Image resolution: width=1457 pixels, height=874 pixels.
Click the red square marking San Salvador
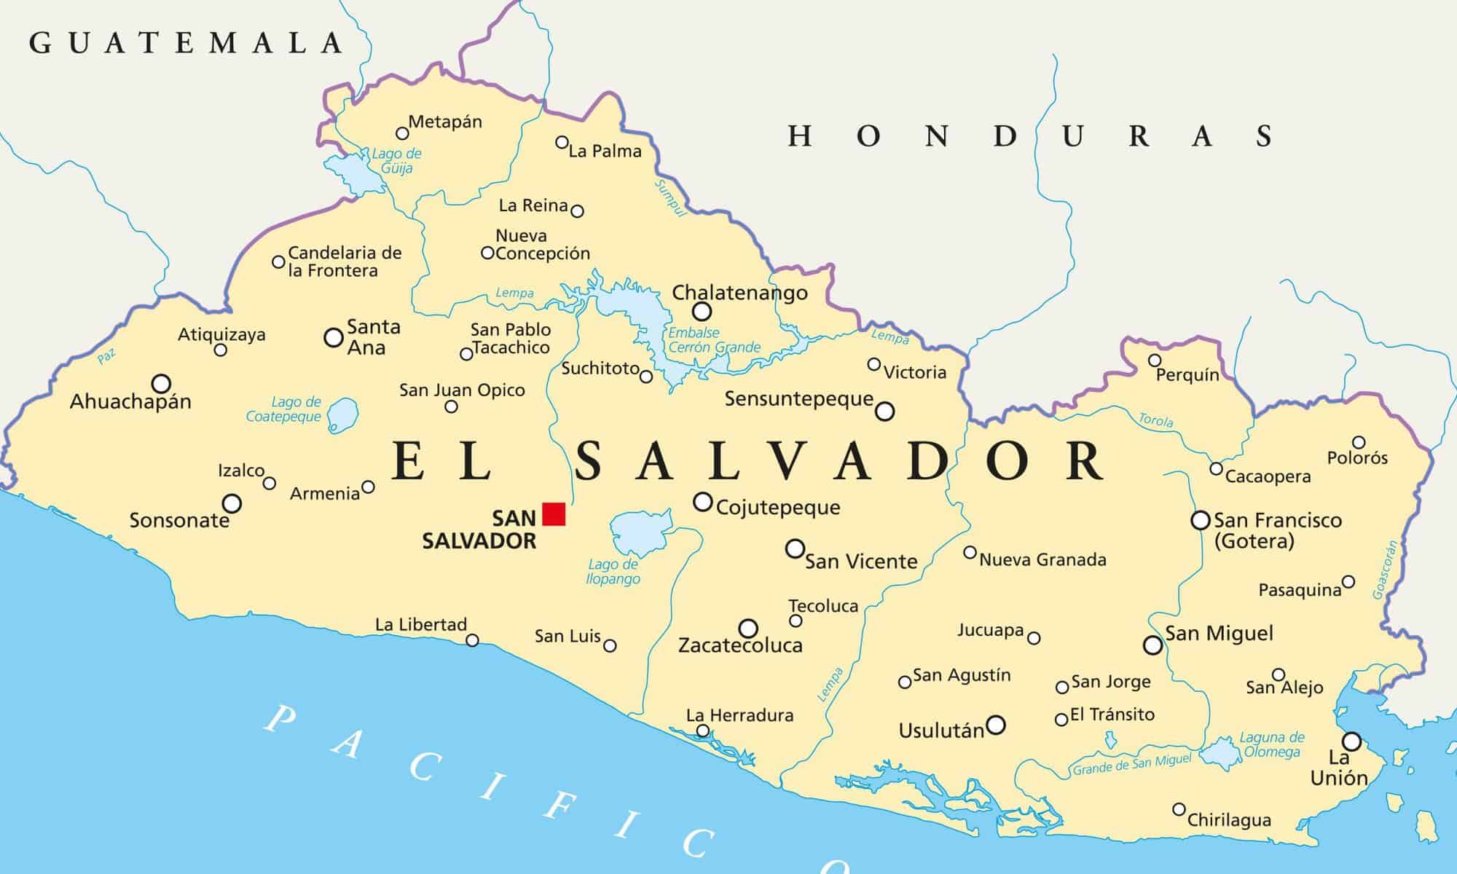pos(554,514)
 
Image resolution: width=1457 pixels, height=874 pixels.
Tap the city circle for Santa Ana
pos(333,338)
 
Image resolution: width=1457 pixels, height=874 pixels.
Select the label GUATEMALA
pos(186,44)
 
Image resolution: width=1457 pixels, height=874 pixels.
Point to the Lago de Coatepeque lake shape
pos(342,415)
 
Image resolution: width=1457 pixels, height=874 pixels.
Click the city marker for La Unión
pos(1351,741)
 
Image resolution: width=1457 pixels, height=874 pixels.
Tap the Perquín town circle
pos(1154,361)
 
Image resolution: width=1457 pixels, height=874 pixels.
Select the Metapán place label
pos(445,122)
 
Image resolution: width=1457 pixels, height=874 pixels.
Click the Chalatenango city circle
pos(702,312)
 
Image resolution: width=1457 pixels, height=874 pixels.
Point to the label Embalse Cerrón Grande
pos(714,340)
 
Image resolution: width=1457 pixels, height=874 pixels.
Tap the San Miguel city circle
pos(1152,645)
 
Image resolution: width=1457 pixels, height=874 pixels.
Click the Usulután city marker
pos(995,725)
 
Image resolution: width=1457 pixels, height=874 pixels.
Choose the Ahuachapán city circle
pos(161,384)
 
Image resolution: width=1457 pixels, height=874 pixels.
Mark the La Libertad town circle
pos(472,640)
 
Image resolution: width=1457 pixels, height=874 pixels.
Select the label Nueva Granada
pos(1042,559)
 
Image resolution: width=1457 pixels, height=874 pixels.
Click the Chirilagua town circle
pos(1179,809)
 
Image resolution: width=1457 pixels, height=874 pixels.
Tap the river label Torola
pos(1155,420)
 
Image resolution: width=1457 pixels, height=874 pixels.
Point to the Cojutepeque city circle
pos(702,502)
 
